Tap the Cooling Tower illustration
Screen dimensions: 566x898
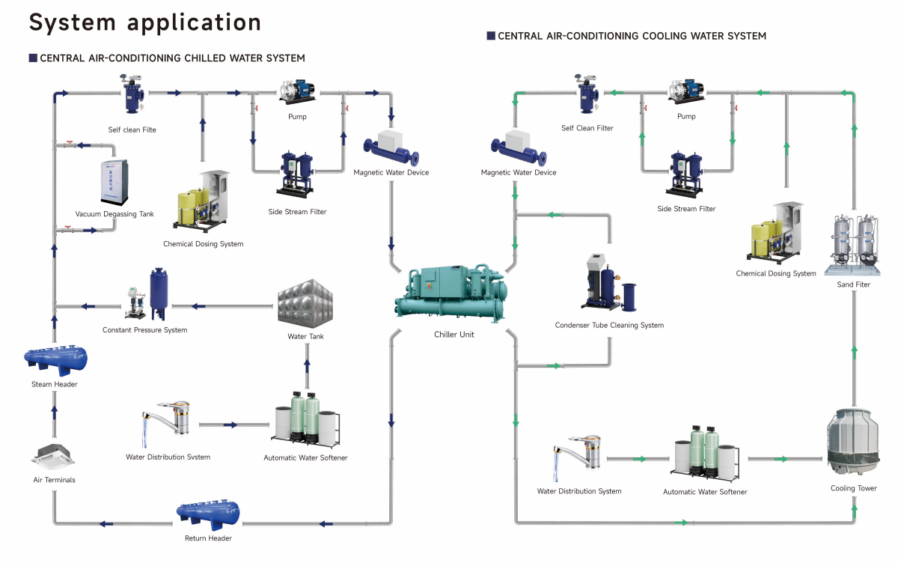click(853, 442)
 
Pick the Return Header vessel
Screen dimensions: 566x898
click(208, 514)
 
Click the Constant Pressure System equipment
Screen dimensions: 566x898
click(147, 296)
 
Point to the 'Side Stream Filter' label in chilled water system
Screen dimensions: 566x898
click(297, 212)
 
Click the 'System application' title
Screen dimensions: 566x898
click(145, 22)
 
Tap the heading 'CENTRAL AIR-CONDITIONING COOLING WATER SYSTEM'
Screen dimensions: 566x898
click(632, 36)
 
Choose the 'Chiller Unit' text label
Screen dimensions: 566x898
click(454, 335)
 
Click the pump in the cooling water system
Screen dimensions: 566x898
click(685, 91)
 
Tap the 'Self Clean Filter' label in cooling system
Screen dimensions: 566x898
click(587, 128)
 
